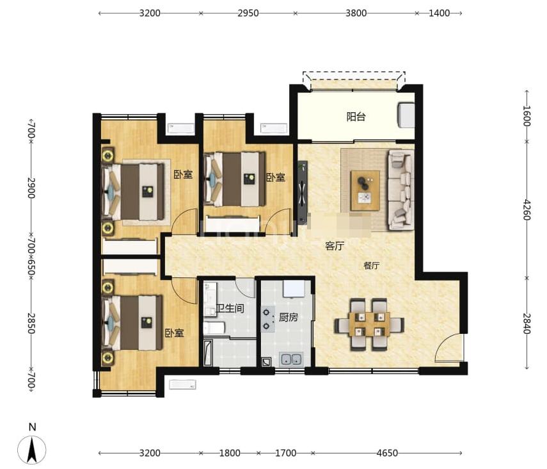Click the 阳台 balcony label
356,117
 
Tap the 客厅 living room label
335,246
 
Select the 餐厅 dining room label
371,266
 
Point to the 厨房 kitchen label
288,317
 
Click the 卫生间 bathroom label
230,308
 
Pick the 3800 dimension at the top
356,13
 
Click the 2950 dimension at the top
248,13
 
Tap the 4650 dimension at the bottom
387,453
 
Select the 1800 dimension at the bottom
230,453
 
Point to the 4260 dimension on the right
527,210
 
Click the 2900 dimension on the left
31,188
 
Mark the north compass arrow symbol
32,449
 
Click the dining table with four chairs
369,324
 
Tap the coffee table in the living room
365,190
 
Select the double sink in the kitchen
291,359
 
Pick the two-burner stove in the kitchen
267,319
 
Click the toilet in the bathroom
214,328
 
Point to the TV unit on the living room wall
303,193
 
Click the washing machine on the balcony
406,115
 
